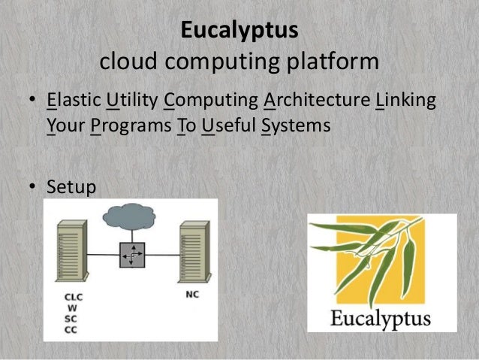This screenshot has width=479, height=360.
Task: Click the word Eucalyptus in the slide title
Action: click(239, 32)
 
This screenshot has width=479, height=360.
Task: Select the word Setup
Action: click(71, 185)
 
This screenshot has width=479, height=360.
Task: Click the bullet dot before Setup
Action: click(34, 186)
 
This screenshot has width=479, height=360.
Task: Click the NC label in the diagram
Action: click(191, 294)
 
